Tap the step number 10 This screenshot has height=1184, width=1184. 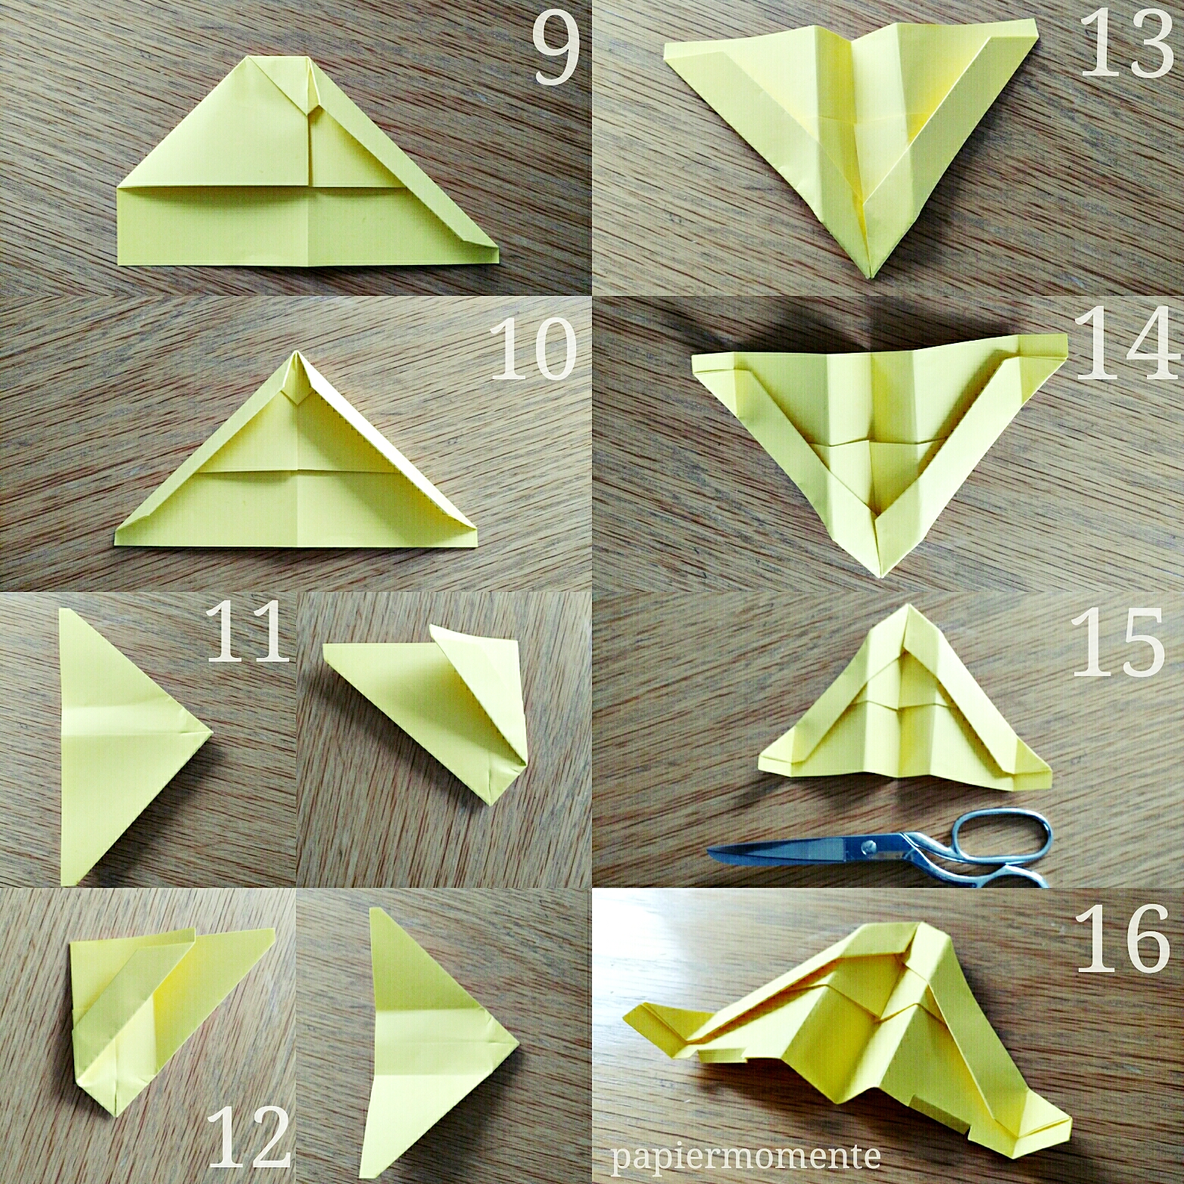534,350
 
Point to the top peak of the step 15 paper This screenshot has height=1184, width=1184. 907,606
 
